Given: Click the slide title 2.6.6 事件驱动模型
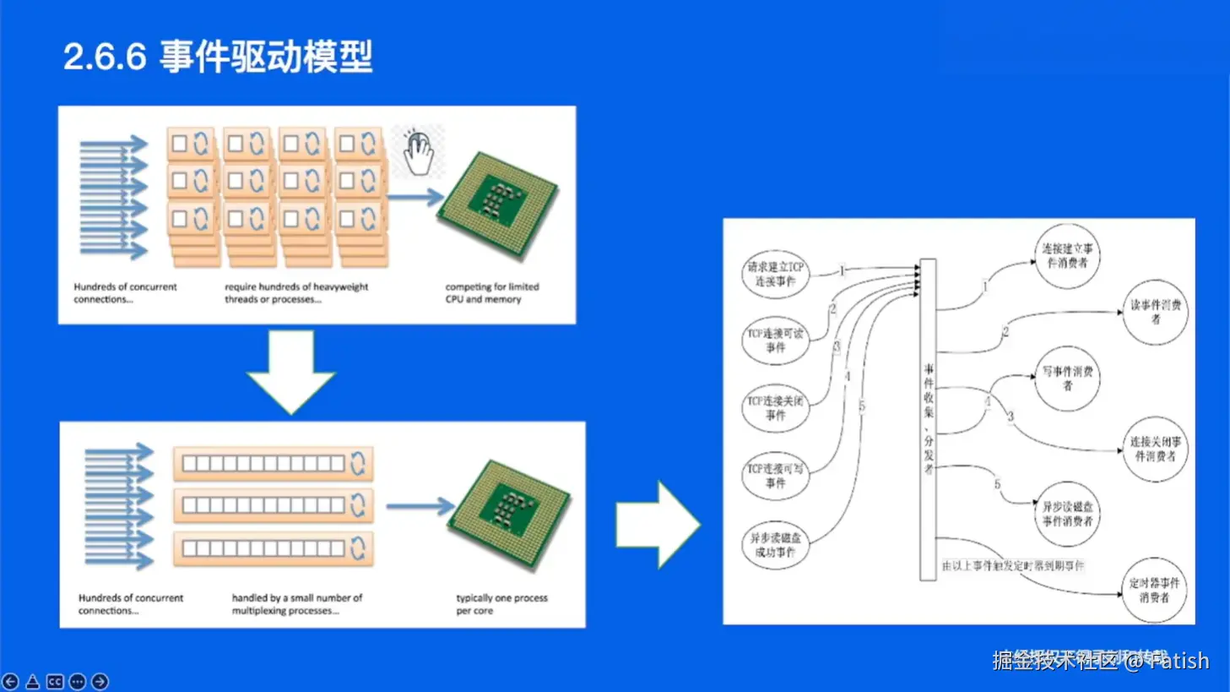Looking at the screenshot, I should pos(218,57).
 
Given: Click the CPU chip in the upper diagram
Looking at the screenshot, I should pos(497,204).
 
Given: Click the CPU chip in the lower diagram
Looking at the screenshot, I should pos(507,514).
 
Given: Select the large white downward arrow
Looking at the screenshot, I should pos(290,371).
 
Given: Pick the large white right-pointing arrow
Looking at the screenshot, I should pos(658,524).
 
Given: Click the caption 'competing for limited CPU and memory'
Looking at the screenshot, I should pos(491,293).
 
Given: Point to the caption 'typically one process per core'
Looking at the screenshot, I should pos(501,603).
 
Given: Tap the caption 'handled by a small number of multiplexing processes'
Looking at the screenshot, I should pos(296,603).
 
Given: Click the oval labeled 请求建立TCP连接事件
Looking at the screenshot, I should pos(775,275).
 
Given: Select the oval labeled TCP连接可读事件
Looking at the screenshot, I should pos(775,341).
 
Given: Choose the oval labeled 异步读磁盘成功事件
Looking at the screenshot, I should pos(775,545).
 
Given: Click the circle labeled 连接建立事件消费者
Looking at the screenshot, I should pos(1067,256).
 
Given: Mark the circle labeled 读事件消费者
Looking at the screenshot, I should pos(1155,312).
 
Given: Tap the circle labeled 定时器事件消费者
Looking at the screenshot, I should pos(1154,590).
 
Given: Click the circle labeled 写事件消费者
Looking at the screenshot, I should pos(1067,378).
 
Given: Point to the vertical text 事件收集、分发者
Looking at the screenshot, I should pos(928,419).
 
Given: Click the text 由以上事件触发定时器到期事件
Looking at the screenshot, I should pos(1012,565).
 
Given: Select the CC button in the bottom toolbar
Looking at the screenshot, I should pos(55,681).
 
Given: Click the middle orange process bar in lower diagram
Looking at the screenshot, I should pos(273,505).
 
